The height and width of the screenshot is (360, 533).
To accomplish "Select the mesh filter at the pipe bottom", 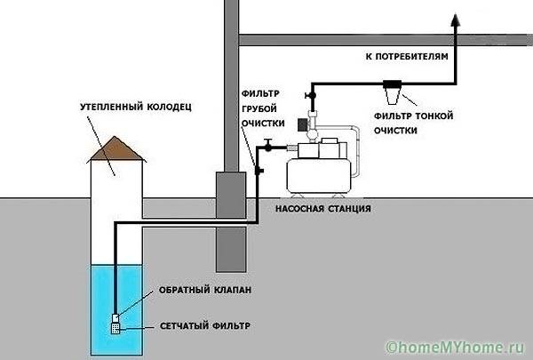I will pyautogui.click(x=115, y=328).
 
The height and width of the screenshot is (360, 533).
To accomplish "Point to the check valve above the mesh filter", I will pyautogui.click(x=115, y=315).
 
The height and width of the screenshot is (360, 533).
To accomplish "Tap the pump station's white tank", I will pyautogui.click(x=321, y=175).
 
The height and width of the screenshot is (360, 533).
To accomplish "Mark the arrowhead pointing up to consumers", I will pyautogui.click(x=456, y=20).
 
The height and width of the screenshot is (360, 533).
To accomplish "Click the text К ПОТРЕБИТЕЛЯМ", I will pyautogui.click(x=405, y=56).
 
